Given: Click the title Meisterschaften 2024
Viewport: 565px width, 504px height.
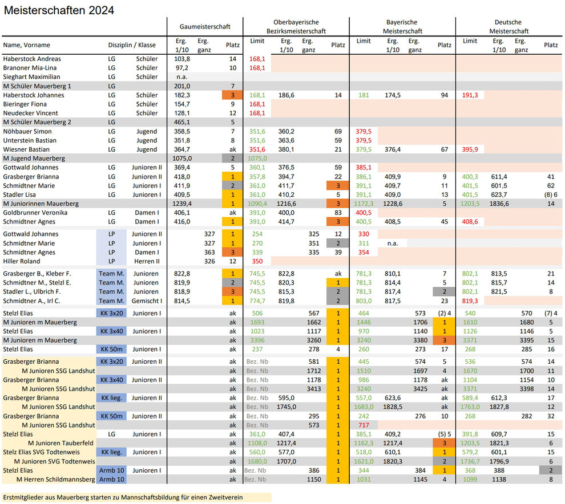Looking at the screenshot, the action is point(59,10).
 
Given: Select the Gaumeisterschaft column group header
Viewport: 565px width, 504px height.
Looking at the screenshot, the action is point(205,27).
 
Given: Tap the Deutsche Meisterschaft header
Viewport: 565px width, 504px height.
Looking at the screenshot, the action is point(508,27).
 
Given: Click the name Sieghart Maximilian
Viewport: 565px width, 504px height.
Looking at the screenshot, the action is point(32,76).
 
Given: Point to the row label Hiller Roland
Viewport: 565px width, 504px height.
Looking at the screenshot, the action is point(22,261).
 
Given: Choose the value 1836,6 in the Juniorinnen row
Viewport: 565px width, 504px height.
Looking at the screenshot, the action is point(499,204).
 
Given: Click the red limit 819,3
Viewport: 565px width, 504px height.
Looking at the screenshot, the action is point(470,301).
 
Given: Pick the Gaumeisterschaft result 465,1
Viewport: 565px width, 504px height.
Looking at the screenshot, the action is point(182,122).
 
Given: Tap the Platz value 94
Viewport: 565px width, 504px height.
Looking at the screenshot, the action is point(444,95).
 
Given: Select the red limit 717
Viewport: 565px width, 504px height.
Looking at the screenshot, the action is point(364,425).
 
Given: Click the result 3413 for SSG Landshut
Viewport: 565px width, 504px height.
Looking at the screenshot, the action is point(314,389).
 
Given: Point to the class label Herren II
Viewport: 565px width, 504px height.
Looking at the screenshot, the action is point(147,261).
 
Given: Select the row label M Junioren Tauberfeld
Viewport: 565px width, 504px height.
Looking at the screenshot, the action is point(60,443).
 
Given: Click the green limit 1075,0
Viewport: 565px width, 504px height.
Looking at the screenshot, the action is point(257,158).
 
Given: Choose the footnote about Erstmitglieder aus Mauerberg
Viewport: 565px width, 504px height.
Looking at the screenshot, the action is point(123,498).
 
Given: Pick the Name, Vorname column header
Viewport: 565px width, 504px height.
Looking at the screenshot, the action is point(27,45).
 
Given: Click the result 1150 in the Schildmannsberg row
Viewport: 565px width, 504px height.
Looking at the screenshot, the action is point(314,479).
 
